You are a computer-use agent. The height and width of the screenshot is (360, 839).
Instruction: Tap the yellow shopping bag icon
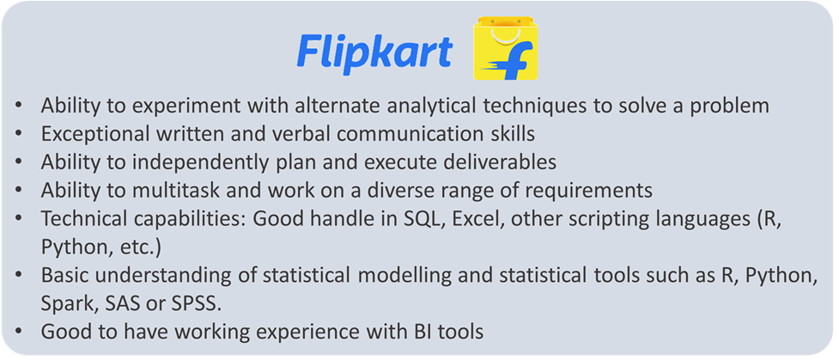pyautogui.click(x=506, y=47)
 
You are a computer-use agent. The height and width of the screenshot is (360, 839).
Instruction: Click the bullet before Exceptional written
pyautogui.click(x=19, y=135)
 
